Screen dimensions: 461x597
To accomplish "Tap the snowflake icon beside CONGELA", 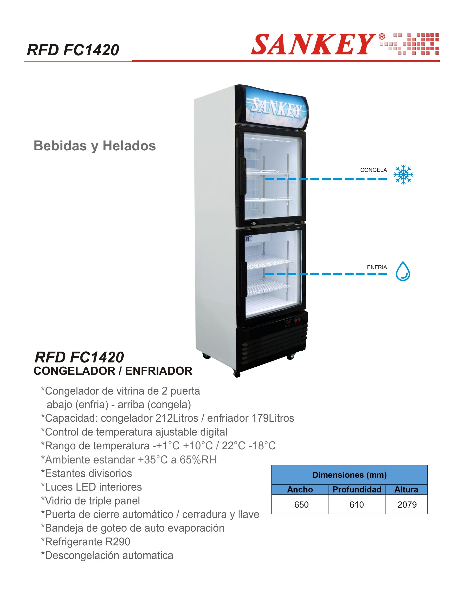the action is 403,174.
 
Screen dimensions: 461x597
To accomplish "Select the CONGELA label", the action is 374,170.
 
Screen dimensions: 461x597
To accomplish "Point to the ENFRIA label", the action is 377,267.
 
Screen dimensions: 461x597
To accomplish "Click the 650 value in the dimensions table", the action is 301,505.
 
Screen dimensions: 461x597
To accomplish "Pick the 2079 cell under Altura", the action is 407,505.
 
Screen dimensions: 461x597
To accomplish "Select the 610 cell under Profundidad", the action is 357,505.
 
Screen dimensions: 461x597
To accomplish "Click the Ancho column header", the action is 300,489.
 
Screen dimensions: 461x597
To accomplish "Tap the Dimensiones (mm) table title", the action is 349,475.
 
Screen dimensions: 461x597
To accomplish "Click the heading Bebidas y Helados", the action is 95,146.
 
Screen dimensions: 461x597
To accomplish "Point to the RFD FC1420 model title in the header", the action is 73,50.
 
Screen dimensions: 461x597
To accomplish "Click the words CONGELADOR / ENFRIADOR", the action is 113,371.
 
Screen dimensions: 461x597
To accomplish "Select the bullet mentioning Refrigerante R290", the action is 86,542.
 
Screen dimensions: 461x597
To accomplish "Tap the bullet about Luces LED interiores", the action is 91,487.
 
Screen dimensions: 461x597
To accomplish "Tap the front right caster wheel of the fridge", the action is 290,357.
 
